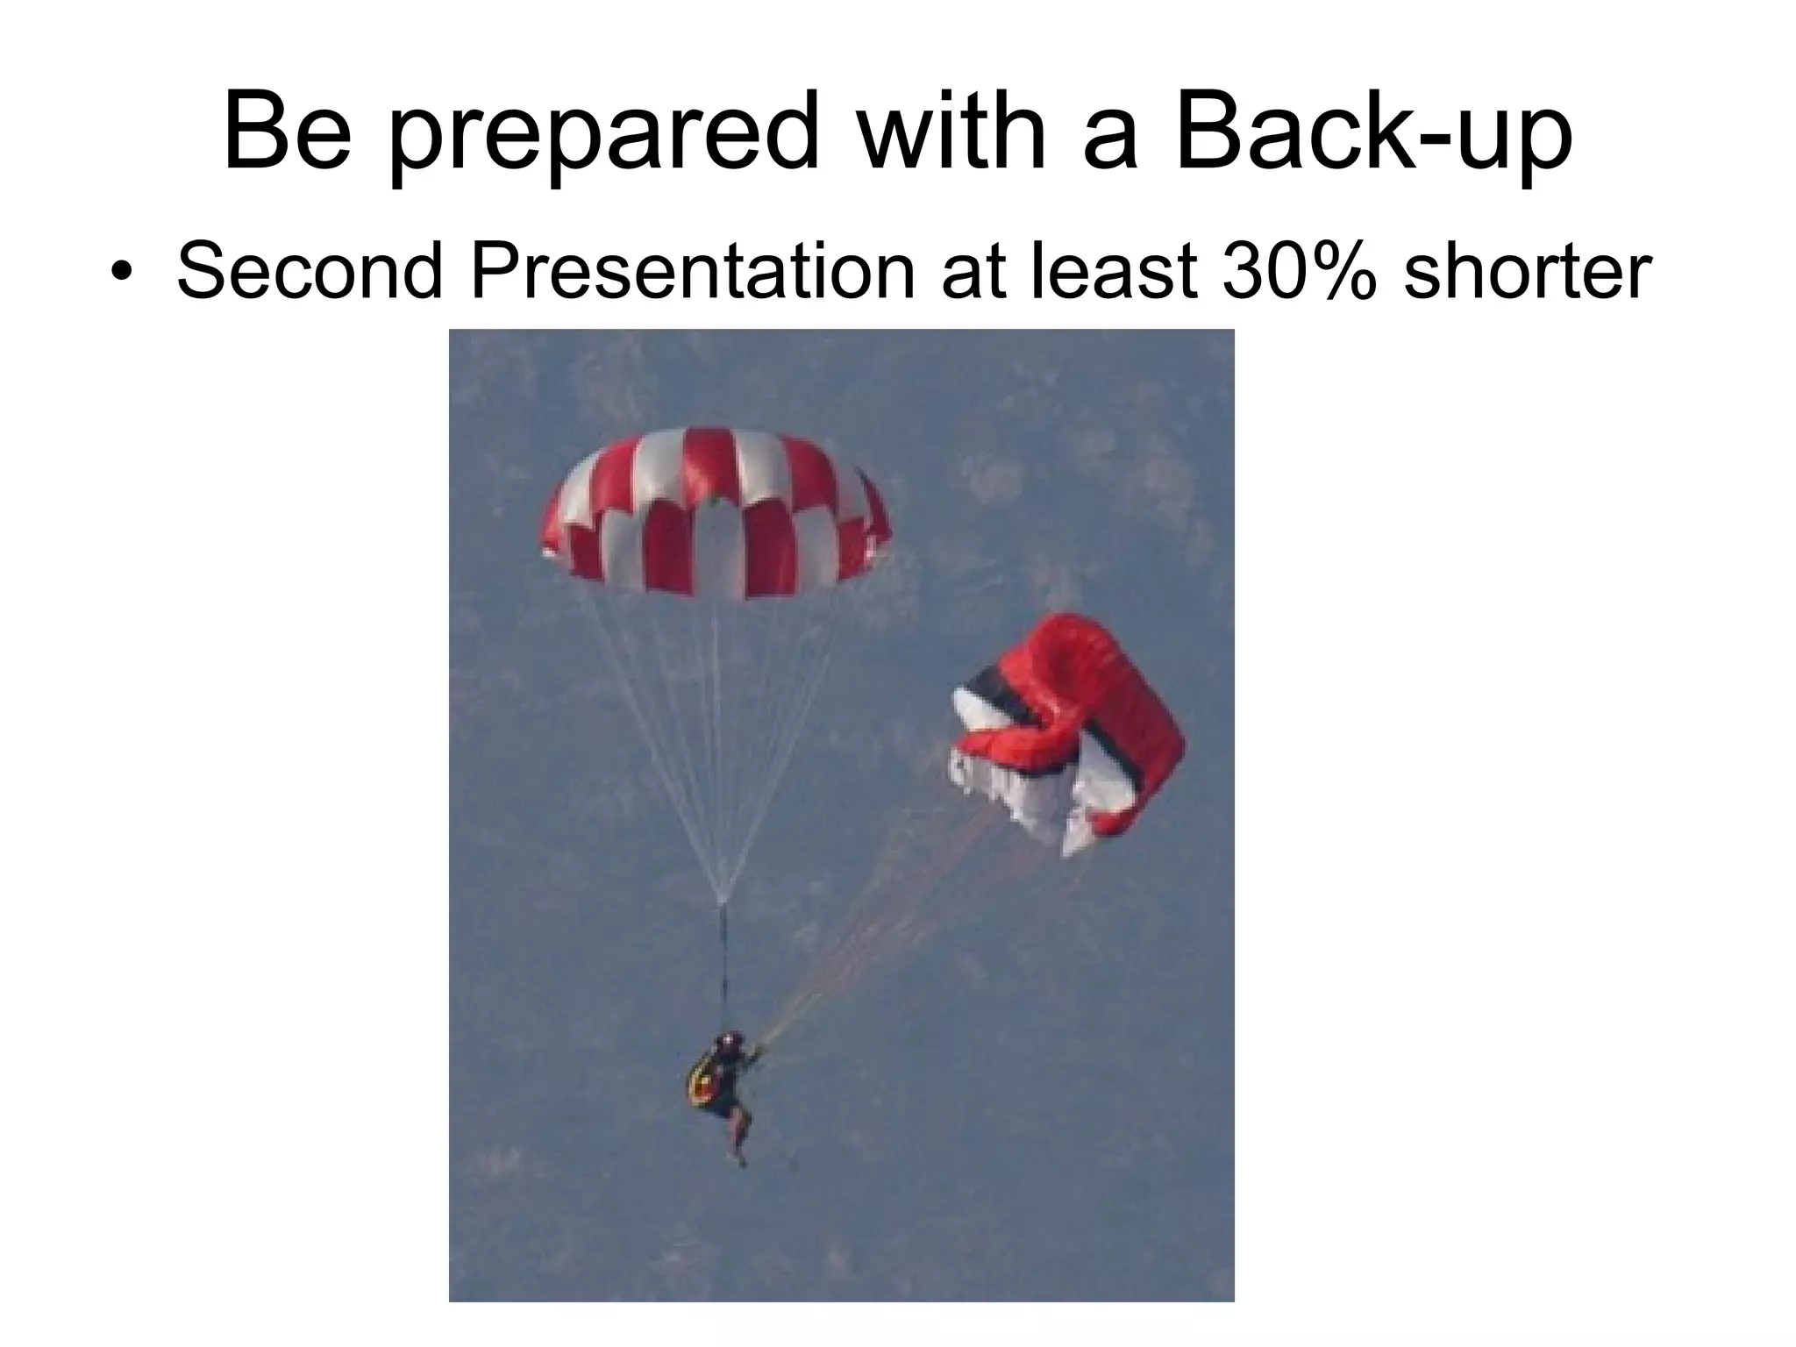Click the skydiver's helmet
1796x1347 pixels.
(726, 1043)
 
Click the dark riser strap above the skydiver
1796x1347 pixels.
(723, 965)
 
